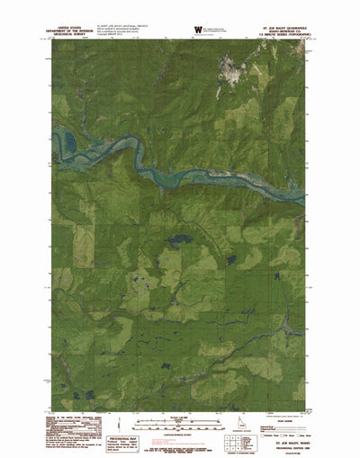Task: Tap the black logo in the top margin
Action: click(x=196, y=29)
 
